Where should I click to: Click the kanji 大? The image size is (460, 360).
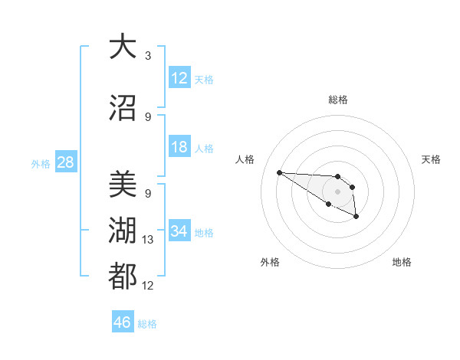tap(123, 47)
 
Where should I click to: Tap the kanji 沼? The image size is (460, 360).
tap(123, 108)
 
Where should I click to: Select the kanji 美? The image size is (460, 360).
tap(123, 185)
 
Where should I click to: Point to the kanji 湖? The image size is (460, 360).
tap(123, 231)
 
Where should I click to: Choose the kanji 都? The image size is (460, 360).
tap(123, 277)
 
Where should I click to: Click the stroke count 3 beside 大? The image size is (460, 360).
tap(148, 55)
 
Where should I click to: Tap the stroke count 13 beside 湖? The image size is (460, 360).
tap(148, 240)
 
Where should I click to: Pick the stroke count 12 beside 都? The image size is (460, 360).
tap(148, 286)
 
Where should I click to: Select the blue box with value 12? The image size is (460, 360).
tap(179, 77)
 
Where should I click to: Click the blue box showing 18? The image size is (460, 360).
tap(179, 147)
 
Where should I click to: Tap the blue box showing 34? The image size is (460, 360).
tap(179, 231)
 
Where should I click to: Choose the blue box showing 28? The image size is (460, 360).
tap(65, 162)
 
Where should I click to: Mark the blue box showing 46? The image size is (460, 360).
tap(123, 322)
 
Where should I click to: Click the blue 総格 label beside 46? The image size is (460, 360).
tap(147, 324)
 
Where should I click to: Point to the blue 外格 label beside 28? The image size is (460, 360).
tap(41, 164)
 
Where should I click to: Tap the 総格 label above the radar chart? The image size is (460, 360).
tap(337, 100)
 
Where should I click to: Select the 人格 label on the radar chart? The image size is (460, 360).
tap(245, 159)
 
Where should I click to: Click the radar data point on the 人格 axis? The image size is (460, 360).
tap(279, 172)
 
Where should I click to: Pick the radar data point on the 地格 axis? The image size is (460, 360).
tap(356, 217)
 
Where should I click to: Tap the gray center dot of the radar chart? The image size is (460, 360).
tap(337, 191)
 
